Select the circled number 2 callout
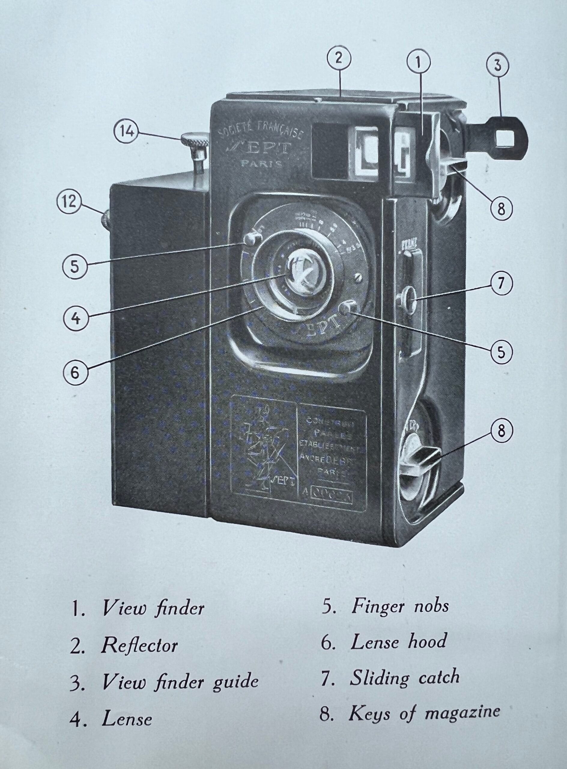[x=339, y=59]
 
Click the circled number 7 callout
[x=501, y=283]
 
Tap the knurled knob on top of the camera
[x=195, y=142]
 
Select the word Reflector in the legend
[x=139, y=646]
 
